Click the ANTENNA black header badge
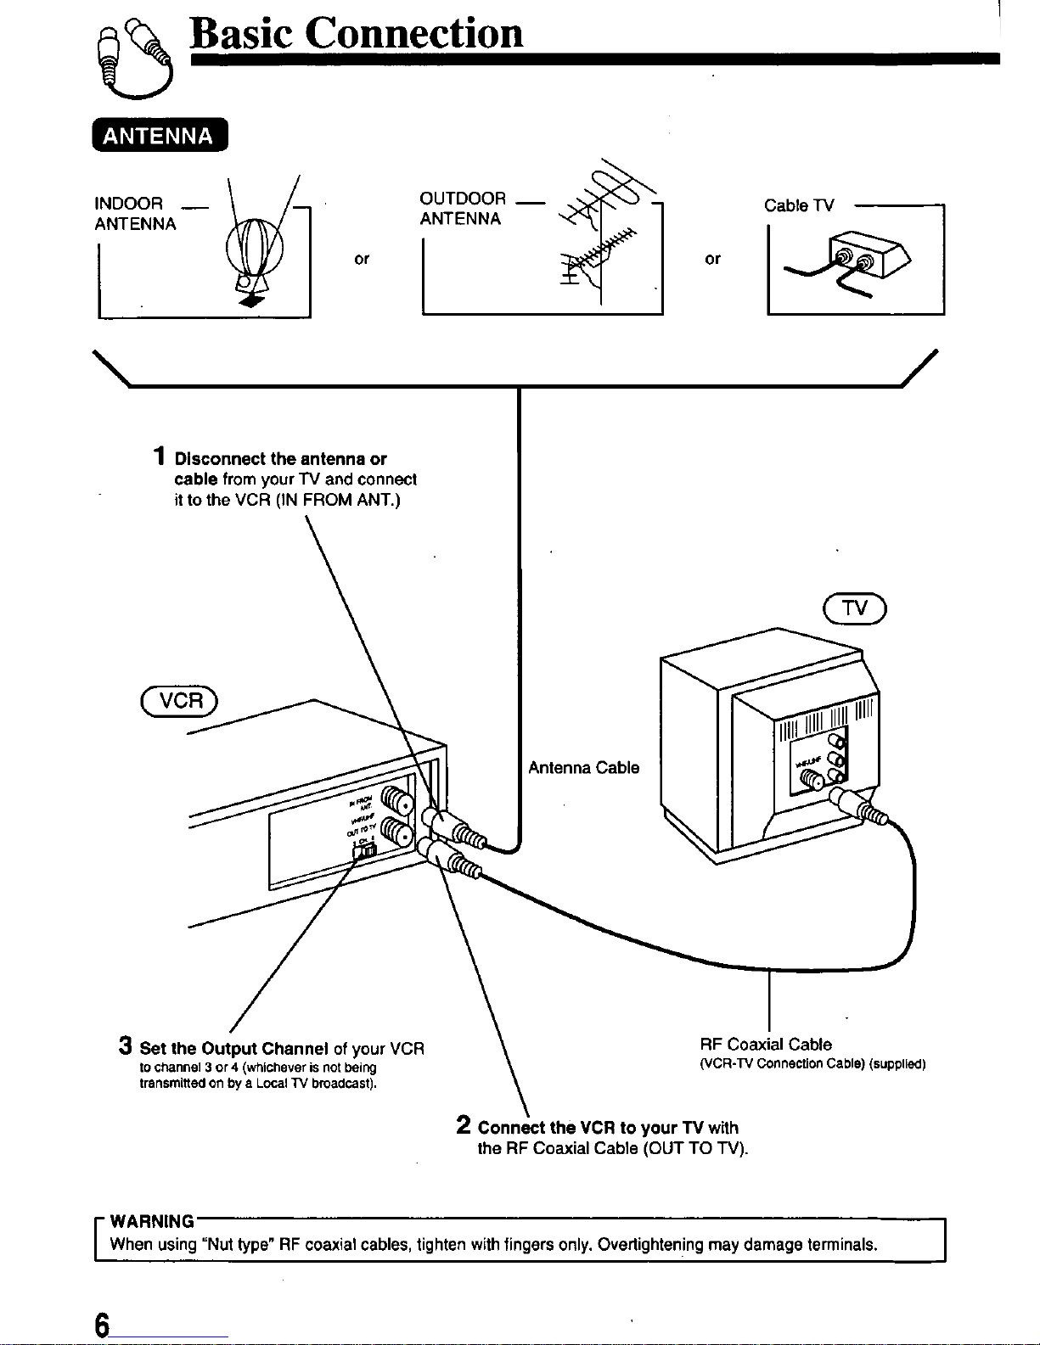159,136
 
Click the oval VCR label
181,699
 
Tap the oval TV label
854,607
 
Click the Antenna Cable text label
583,768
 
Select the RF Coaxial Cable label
766,1045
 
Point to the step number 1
159,457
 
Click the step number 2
464,1126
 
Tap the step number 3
125,1045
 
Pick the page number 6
102,1325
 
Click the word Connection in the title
413,33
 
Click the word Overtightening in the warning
650,1245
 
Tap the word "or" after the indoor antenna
362,259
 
